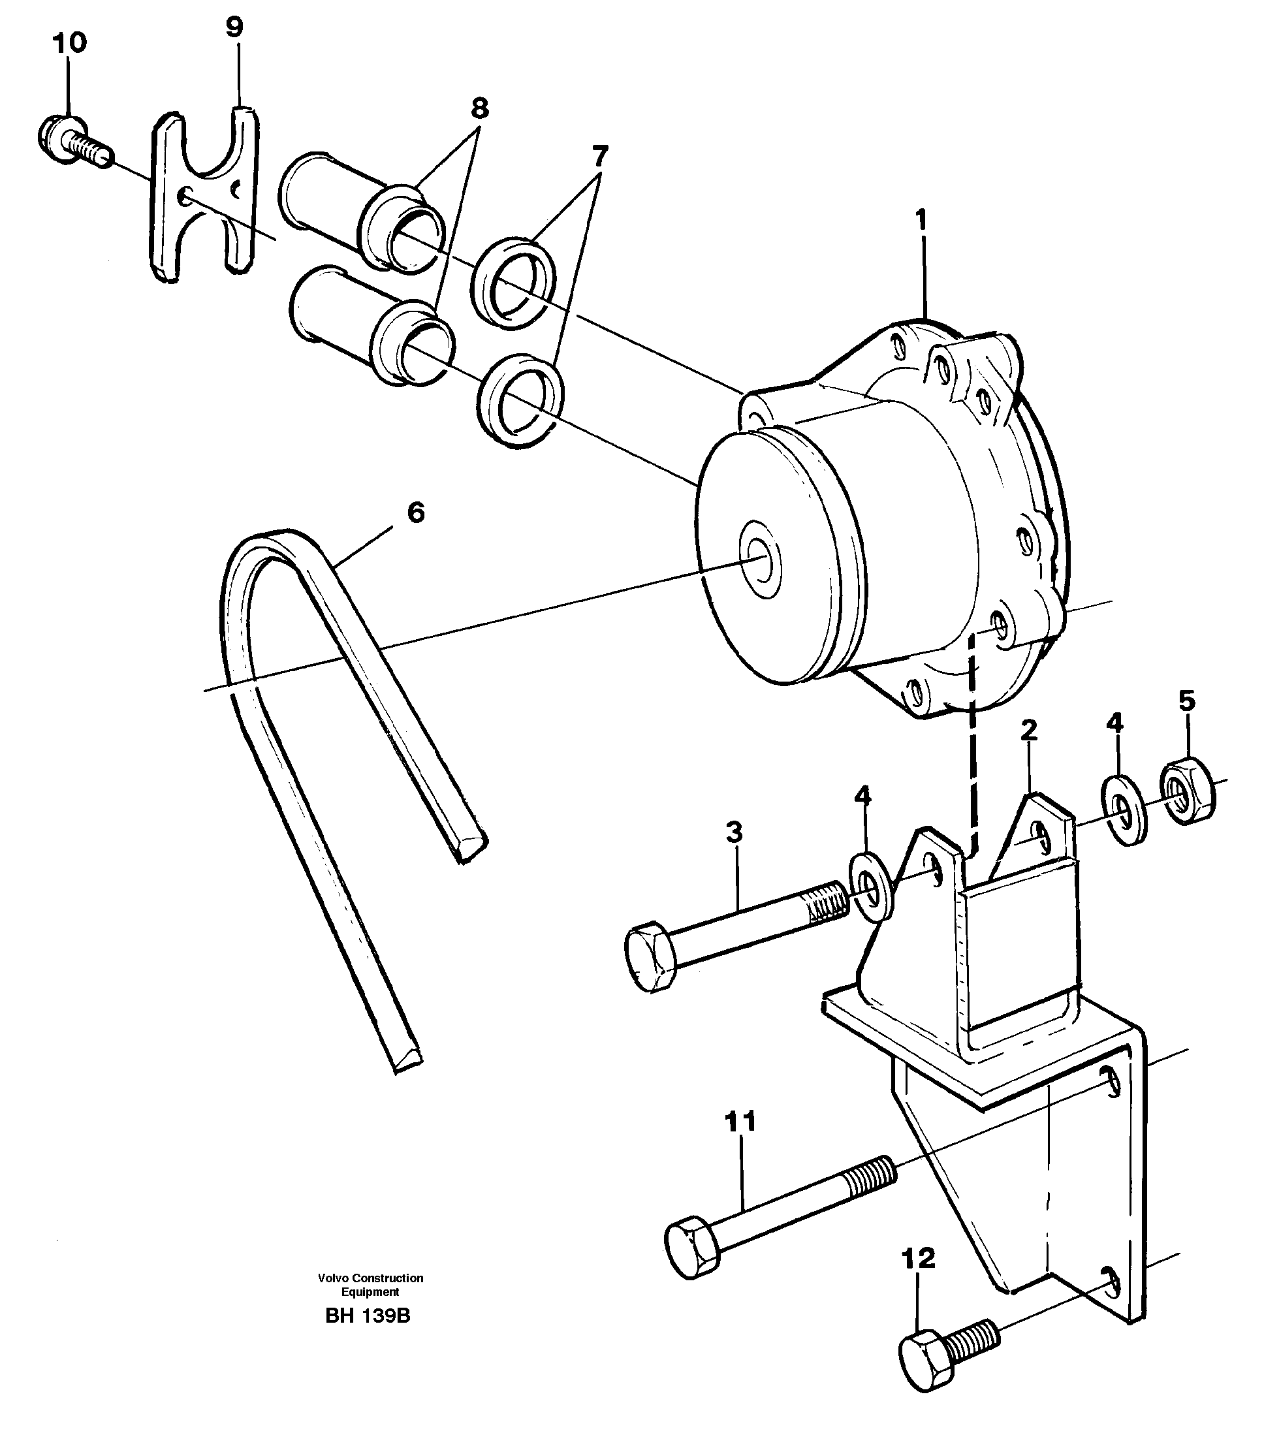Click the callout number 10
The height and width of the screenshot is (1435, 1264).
(69, 43)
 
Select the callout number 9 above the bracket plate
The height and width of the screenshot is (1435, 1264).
(234, 27)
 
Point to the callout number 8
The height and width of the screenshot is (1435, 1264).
(479, 109)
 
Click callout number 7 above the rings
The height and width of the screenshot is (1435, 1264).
(599, 155)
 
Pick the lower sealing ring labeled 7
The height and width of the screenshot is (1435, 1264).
(521, 400)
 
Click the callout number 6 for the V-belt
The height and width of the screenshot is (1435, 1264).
(416, 513)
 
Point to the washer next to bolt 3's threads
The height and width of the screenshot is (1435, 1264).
(872, 886)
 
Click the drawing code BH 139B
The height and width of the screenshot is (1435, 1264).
(368, 1316)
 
